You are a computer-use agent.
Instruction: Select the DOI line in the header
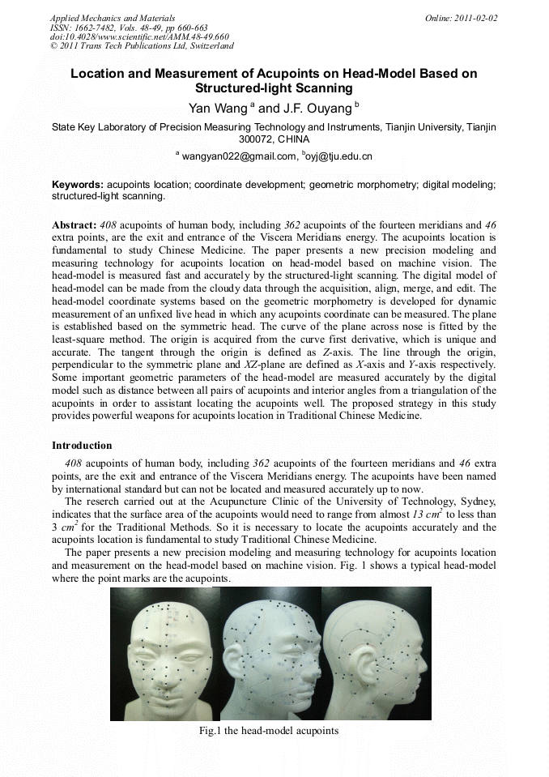(x=139, y=36)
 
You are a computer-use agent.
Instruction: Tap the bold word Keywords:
(x=77, y=185)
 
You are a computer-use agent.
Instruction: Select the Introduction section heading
(x=82, y=446)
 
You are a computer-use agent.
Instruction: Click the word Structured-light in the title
(x=240, y=88)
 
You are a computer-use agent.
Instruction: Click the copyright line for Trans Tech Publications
(x=142, y=46)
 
